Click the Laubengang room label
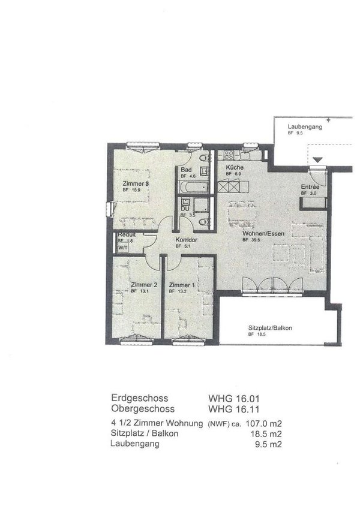point(305,127)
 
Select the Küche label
point(234,167)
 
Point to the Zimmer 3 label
point(135,183)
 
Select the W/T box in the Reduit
point(122,247)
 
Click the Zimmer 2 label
point(143,285)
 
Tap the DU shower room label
point(185,208)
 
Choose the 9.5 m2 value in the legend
point(269,444)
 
